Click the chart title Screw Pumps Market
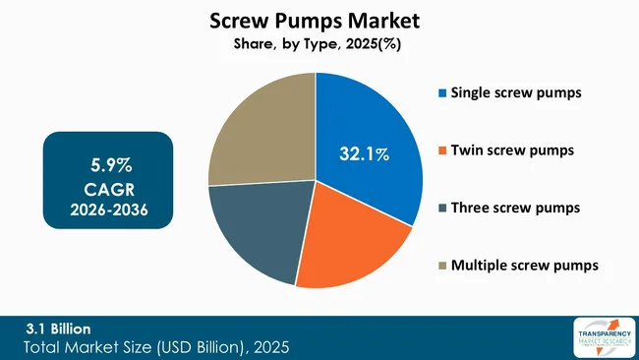(316, 21)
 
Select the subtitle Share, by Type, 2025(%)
(316, 44)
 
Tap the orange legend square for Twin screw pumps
(442, 150)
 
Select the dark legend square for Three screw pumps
(442, 208)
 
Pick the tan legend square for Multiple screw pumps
(442, 265)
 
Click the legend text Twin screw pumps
(512, 150)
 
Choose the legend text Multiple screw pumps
(524, 265)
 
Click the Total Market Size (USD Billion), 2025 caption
(157, 347)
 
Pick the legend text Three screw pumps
(516, 208)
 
